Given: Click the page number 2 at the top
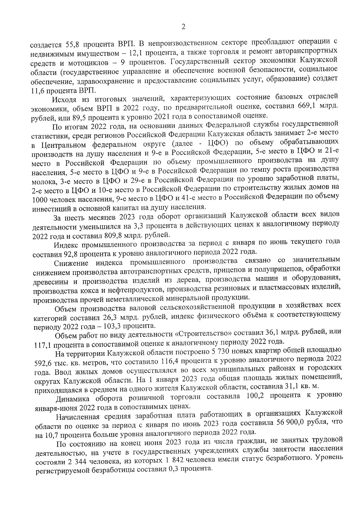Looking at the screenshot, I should coord(183,27).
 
